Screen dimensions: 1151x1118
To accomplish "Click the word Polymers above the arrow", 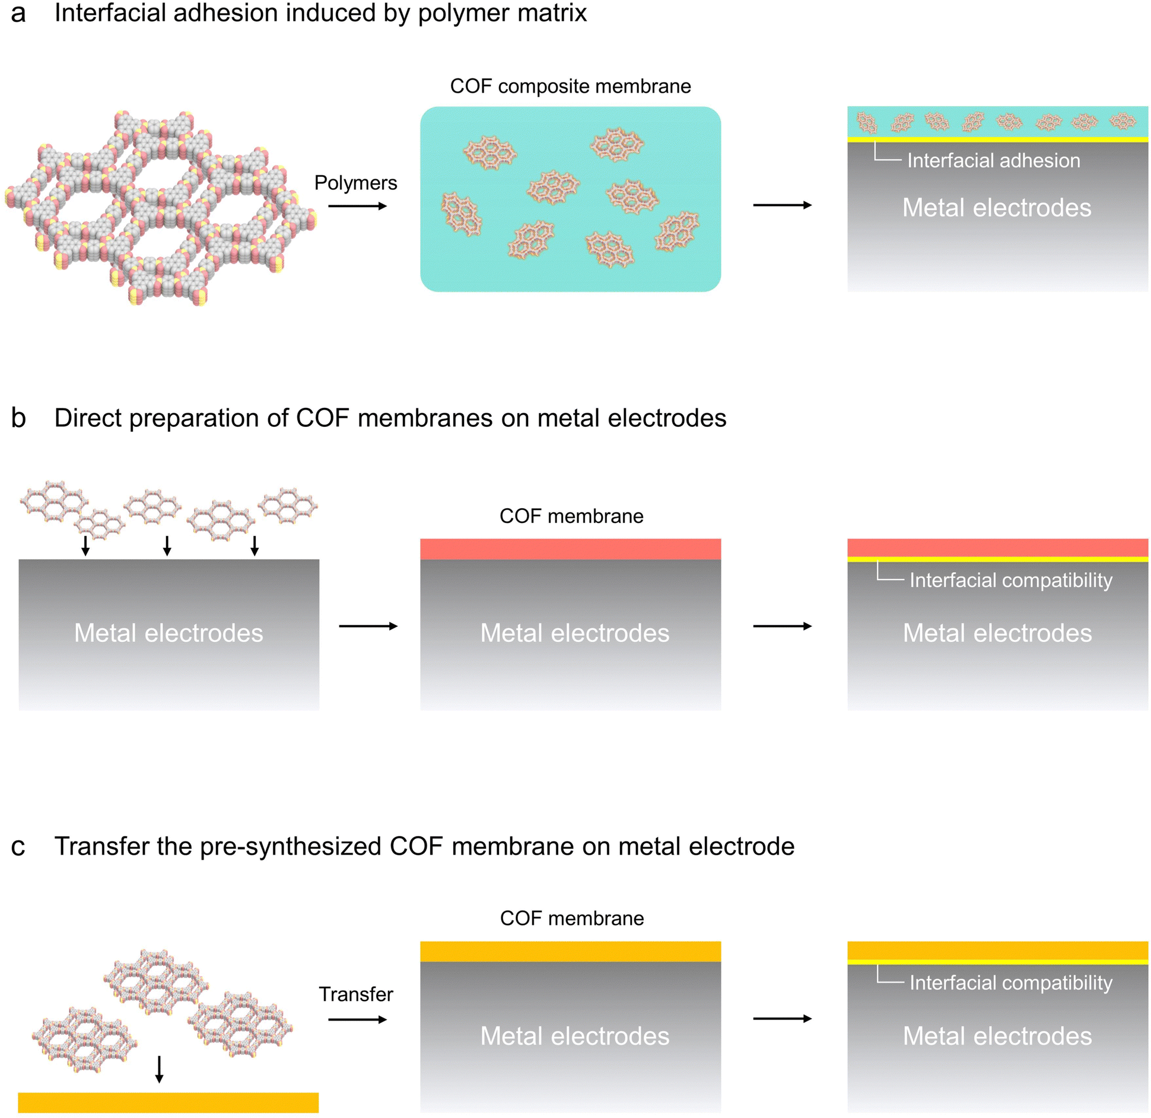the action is [x=355, y=183].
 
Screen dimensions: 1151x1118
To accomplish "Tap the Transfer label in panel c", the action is [x=356, y=994].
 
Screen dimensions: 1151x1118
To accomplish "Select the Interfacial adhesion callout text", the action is [x=994, y=161].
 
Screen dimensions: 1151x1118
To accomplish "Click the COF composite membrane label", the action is [x=570, y=87].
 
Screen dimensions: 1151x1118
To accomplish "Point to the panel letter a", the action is [x=18, y=14].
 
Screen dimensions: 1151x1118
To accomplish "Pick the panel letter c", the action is [x=18, y=847].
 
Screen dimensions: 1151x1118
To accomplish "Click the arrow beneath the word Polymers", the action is [x=357, y=206].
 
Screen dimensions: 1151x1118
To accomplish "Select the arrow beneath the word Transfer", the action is [x=357, y=1019].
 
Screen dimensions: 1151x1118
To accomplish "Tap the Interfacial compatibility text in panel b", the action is [x=1011, y=581].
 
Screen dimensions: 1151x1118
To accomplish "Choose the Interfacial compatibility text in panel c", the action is [x=1011, y=983].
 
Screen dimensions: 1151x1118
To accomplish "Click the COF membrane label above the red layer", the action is [x=571, y=516].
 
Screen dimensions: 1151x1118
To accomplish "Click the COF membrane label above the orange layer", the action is [x=572, y=919].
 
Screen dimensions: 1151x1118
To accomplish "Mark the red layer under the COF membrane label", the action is [x=570, y=549].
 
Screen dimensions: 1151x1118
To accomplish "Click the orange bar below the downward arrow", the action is [x=168, y=1103].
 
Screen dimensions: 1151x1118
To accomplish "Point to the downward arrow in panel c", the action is [x=159, y=1069].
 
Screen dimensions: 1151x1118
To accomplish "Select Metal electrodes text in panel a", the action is [x=997, y=208].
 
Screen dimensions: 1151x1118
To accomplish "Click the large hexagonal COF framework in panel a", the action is [x=160, y=208].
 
